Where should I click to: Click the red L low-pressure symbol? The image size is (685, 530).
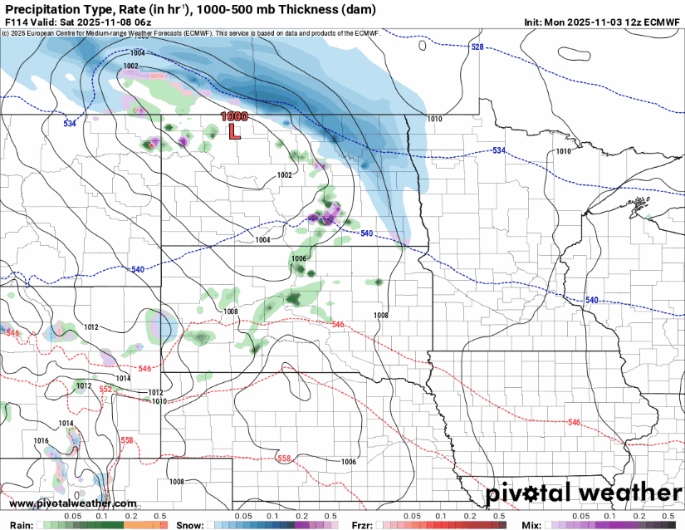[234, 130]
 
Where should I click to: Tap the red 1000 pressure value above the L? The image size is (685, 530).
[234, 117]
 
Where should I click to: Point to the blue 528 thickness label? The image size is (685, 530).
[477, 47]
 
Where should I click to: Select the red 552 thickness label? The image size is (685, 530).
[105, 389]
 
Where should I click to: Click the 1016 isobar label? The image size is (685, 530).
[42, 440]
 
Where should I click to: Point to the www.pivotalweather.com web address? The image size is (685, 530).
[73, 503]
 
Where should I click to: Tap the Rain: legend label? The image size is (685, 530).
[20, 525]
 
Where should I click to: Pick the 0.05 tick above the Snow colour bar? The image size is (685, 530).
[243, 516]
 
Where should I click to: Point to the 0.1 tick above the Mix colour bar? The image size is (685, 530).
[615, 516]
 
